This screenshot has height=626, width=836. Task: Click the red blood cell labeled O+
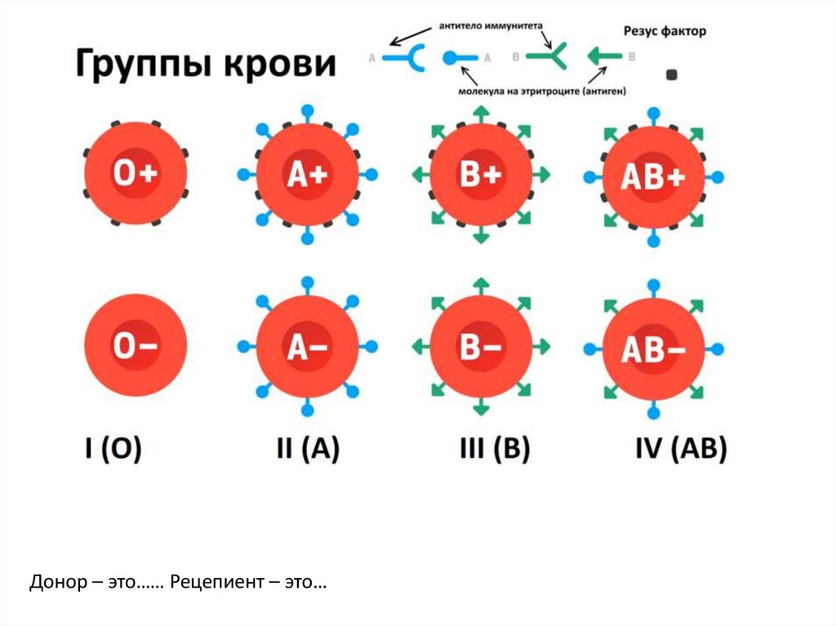136,174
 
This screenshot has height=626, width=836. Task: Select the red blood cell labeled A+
307,175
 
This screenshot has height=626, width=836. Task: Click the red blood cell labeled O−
136,346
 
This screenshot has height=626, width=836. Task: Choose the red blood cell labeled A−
307,347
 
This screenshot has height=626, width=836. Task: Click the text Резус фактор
664,31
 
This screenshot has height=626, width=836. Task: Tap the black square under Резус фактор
672,75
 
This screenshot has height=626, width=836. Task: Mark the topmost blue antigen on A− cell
307,282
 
